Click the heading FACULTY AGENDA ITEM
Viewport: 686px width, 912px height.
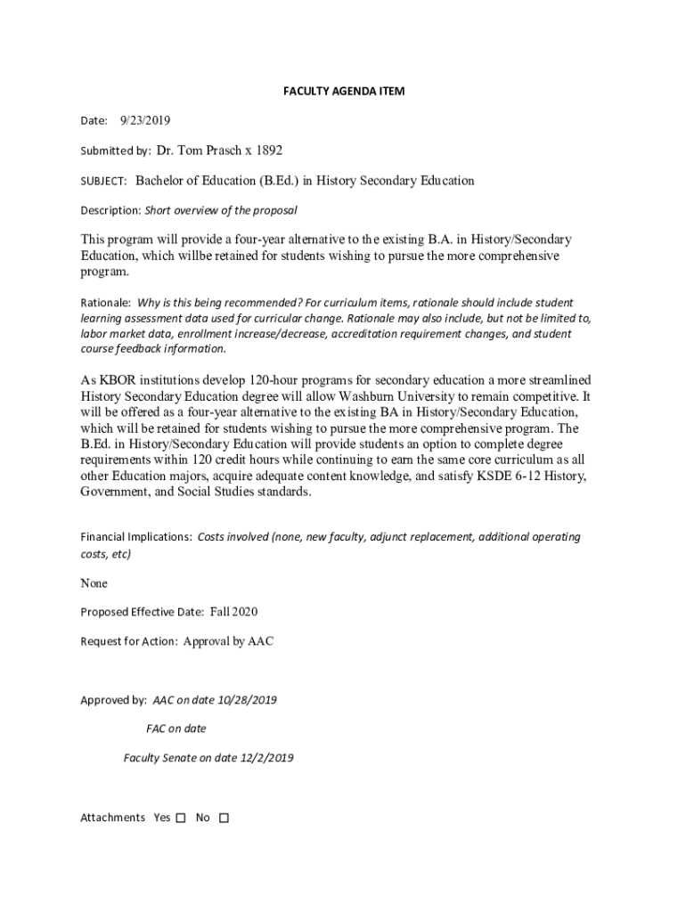pos(344,92)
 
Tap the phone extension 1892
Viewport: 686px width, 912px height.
pos(269,151)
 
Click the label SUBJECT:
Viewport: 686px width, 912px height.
pos(104,182)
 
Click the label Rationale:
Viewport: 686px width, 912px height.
pos(106,303)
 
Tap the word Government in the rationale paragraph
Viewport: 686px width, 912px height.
pos(115,492)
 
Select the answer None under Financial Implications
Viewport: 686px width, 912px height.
pos(94,583)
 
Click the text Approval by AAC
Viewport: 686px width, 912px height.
pos(228,641)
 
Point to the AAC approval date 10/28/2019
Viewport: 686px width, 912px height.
pos(245,700)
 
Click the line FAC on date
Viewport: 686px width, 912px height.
pos(176,729)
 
